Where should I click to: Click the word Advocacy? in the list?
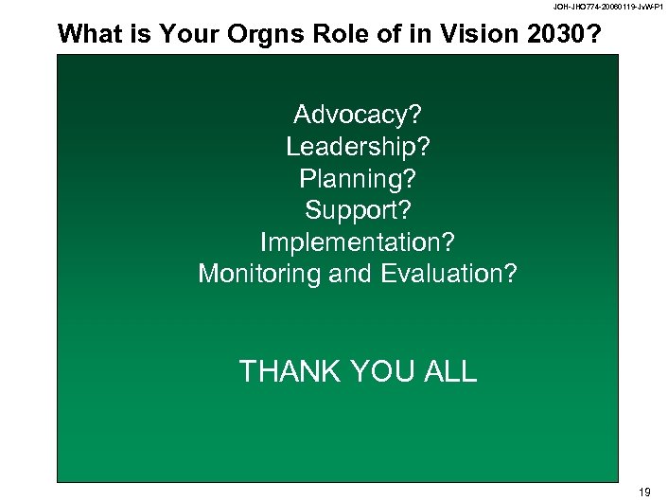coord(358,116)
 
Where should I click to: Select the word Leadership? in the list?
coord(358,147)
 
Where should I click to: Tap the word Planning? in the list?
coord(358,178)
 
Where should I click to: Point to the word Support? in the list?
coord(358,209)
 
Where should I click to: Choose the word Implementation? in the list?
coord(358,242)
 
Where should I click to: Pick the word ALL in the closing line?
coord(448,372)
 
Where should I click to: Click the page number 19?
coord(645,491)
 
